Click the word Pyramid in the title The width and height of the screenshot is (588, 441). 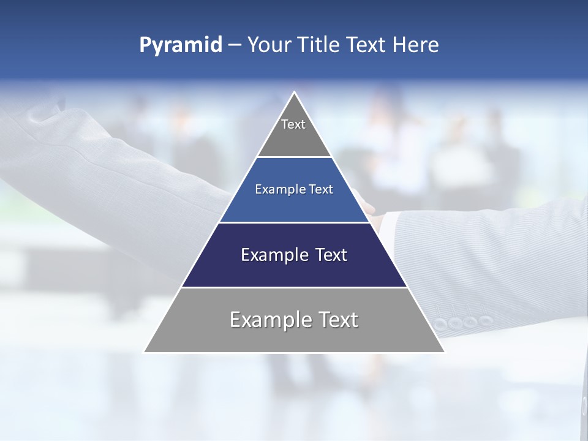click(x=180, y=45)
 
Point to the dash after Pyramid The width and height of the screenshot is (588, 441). click(x=235, y=45)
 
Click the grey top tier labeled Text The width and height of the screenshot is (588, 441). click(x=294, y=138)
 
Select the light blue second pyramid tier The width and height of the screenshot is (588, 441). click(x=294, y=205)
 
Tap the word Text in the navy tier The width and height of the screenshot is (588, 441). click(x=327, y=255)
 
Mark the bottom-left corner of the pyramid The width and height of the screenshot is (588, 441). click(x=145, y=352)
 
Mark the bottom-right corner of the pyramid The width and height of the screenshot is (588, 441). click(x=444, y=352)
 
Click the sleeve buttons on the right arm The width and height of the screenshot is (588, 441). click(x=462, y=322)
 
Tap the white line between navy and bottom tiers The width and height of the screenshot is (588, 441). click(x=294, y=287)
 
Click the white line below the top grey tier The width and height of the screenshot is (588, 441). click(x=294, y=157)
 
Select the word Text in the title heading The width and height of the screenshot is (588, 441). click(x=366, y=45)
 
